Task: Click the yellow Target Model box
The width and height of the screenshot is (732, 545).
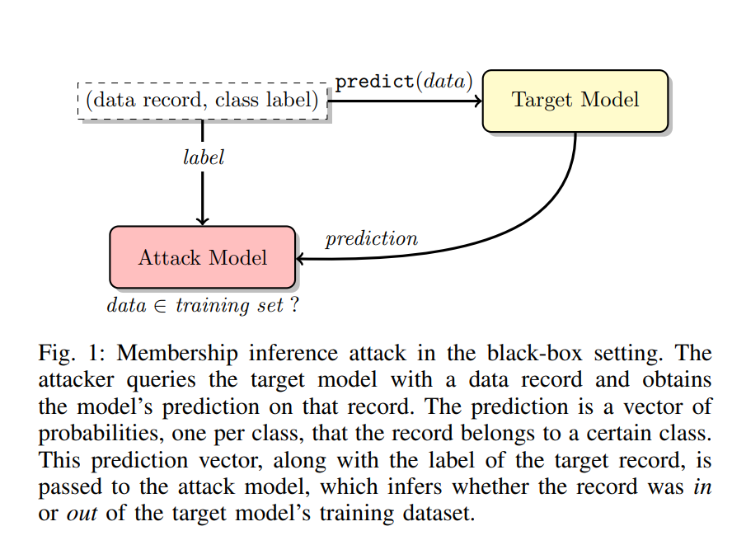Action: (575, 101)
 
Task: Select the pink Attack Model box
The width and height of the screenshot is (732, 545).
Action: (202, 257)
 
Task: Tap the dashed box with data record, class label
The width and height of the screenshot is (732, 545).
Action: (203, 101)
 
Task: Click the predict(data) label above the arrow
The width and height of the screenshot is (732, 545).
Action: (403, 82)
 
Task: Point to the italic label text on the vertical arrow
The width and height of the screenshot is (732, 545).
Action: (203, 157)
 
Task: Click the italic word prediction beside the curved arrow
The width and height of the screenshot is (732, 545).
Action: (371, 239)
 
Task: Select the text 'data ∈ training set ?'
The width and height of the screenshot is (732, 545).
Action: (202, 305)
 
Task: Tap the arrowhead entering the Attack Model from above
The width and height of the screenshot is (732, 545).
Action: (203, 220)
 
